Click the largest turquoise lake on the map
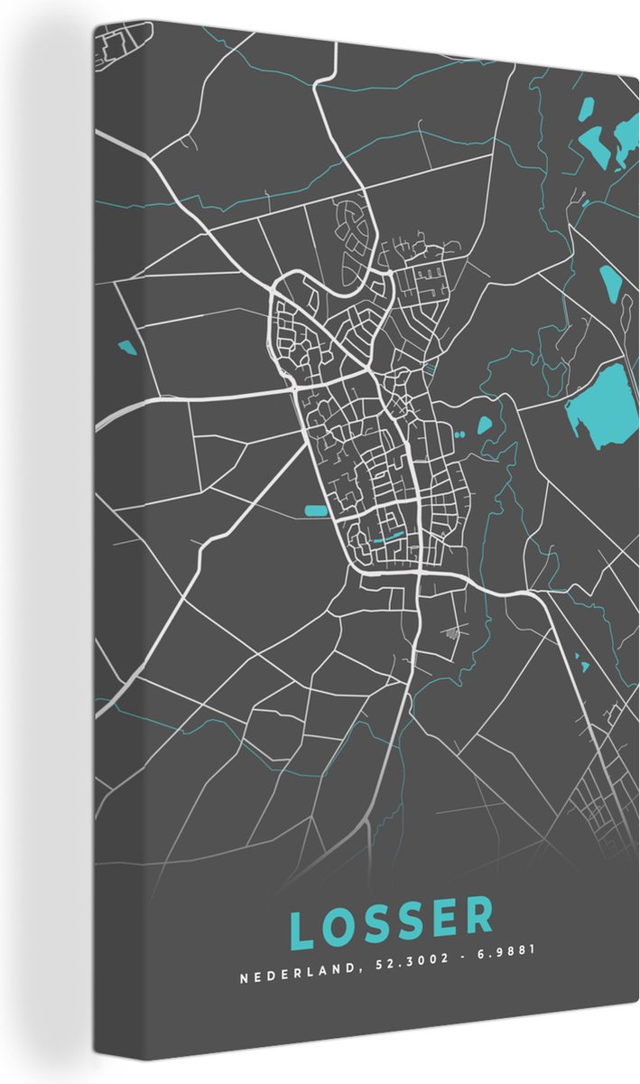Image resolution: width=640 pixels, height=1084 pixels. (600, 401)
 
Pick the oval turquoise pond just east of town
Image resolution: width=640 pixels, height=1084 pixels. (485, 423)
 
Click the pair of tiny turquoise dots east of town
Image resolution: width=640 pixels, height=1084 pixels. (459, 435)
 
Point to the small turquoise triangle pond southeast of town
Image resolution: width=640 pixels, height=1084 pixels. (583, 667)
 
